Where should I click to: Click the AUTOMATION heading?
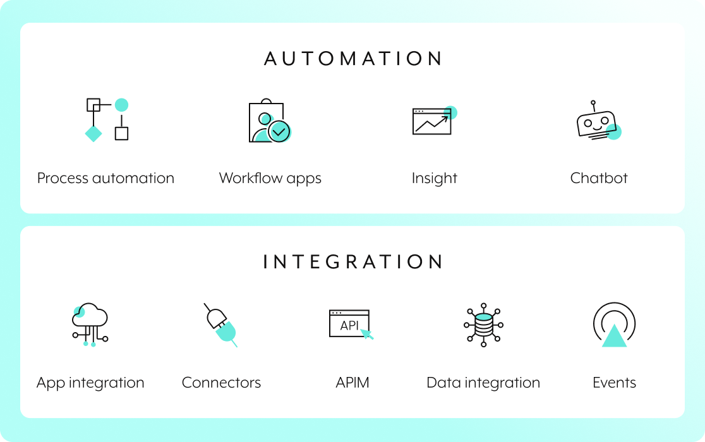pyautogui.click(x=353, y=59)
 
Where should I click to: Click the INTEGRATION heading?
pyautogui.click(x=353, y=262)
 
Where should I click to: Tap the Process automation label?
pyautogui.click(x=105, y=178)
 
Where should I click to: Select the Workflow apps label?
pyautogui.click(x=270, y=178)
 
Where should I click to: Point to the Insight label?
pyautogui.click(x=435, y=178)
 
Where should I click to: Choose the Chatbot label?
pyautogui.click(x=599, y=178)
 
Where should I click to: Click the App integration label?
pyautogui.click(x=90, y=383)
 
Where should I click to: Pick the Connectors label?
pyautogui.click(x=221, y=383)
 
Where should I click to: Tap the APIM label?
pyautogui.click(x=352, y=383)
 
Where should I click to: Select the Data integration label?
pyautogui.click(x=483, y=383)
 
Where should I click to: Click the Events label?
pyautogui.click(x=614, y=383)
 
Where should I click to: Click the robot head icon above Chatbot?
pyautogui.click(x=596, y=122)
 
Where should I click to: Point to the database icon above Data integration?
pyautogui.click(x=483, y=325)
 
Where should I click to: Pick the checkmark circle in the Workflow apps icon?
pyautogui.click(x=279, y=131)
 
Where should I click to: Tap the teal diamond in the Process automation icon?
pyautogui.click(x=93, y=133)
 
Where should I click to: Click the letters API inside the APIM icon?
pyautogui.click(x=349, y=326)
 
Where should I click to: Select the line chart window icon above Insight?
pyautogui.click(x=432, y=121)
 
